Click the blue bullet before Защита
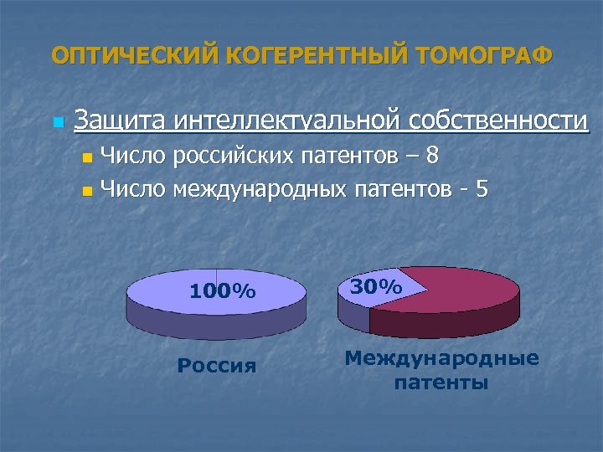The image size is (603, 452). [57, 123]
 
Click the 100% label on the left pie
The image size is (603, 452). [222, 291]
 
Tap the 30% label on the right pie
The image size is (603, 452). [375, 287]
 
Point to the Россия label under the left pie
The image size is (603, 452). [217, 365]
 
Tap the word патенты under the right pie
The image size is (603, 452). [441, 383]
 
